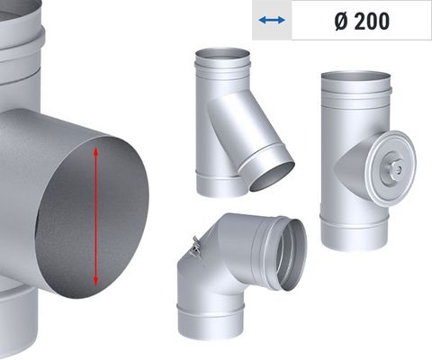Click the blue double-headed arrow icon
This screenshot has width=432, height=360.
pyautogui.click(x=271, y=21)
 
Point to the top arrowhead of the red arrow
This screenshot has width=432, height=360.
pyautogui.click(x=94, y=152)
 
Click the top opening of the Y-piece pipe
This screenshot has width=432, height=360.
pyautogui.click(x=221, y=54)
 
